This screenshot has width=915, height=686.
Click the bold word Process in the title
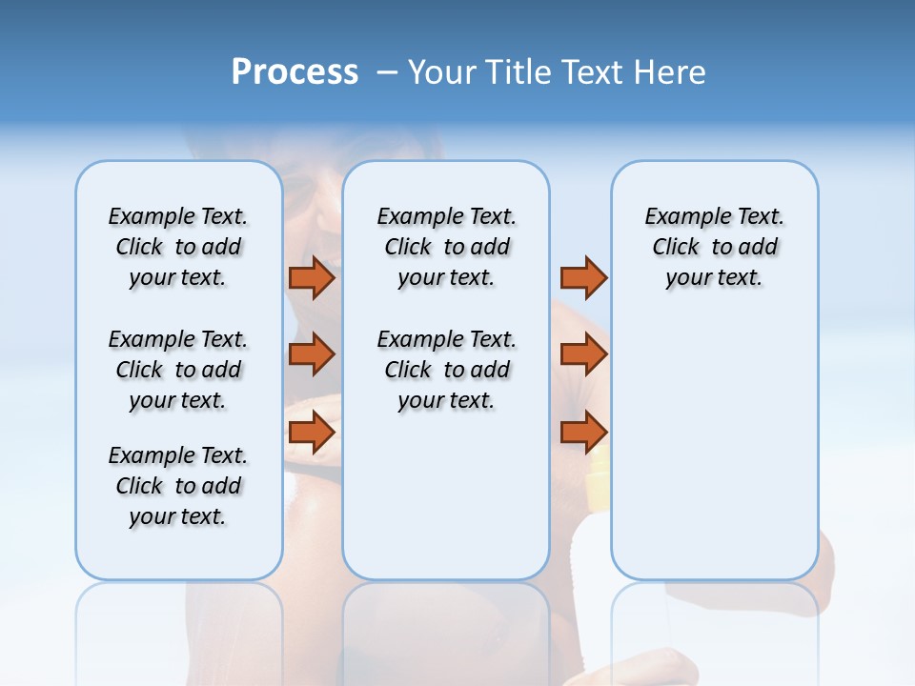tap(295, 71)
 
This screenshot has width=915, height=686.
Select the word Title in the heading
tap(520, 72)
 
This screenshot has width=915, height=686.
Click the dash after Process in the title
tap(387, 72)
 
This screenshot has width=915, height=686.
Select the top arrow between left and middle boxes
tap(312, 277)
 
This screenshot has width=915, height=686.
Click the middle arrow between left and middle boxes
tap(312, 354)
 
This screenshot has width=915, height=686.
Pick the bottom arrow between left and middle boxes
tap(312, 432)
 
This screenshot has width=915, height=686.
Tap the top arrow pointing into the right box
tap(583, 277)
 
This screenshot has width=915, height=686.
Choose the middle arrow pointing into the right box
tap(583, 354)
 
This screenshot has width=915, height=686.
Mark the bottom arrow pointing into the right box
tap(583, 432)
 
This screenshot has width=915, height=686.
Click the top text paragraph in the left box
tap(178, 247)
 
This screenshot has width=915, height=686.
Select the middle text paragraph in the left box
tap(178, 370)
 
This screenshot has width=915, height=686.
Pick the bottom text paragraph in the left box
tap(178, 486)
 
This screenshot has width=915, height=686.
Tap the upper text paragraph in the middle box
tap(446, 247)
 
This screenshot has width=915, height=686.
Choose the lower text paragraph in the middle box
tap(446, 370)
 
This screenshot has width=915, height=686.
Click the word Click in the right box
tap(676, 247)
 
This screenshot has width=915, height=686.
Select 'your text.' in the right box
tap(714, 277)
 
